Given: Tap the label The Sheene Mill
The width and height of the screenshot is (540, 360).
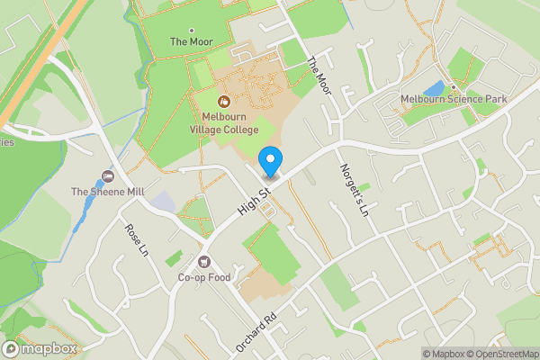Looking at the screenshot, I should click(x=108, y=191).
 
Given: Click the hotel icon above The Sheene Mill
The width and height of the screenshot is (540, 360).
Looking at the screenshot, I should click(x=109, y=175).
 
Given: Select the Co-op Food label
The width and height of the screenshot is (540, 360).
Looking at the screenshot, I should click(x=205, y=276).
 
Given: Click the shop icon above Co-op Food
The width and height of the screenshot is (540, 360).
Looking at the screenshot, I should click(x=205, y=261).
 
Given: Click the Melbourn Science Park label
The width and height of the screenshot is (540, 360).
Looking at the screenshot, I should click(x=454, y=99).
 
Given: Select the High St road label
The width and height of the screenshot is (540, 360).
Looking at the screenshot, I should click(x=254, y=201).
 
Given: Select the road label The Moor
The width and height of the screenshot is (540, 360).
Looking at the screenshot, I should click(x=319, y=77).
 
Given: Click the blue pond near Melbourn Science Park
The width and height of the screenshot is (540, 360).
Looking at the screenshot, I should click(x=435, y=88).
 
